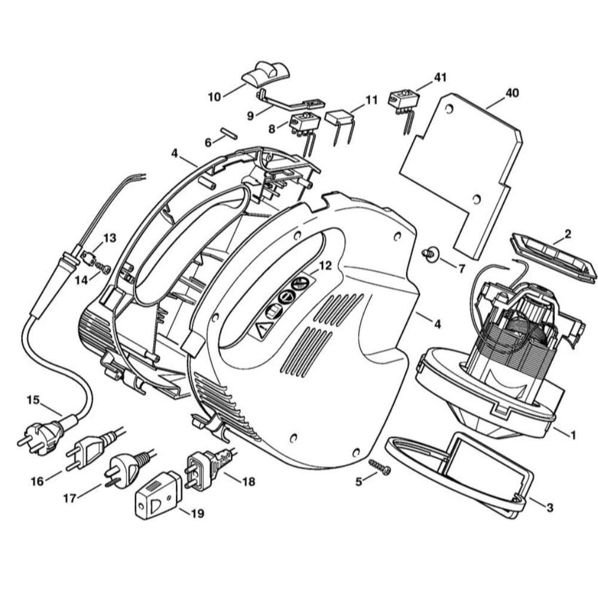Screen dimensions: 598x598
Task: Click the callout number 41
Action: tap(440, 77)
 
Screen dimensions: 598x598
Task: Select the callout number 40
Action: tap(512, 93)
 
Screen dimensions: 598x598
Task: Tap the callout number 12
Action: tap(324, 266)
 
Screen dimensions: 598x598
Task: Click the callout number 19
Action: tap(196, 513)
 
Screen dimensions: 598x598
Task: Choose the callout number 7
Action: tap(461, 269)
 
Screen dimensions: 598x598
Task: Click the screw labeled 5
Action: tap(379, 467)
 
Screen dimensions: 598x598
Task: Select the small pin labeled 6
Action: tap(229, 133)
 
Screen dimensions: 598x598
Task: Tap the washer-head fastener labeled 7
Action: tap(430, 254)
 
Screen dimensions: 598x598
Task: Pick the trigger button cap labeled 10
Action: tap(265, 75)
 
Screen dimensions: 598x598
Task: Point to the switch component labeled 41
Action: tap(401, 102)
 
